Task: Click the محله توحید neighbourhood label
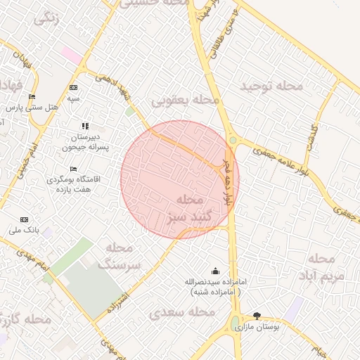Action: pyautogui.click(x=271, y=86)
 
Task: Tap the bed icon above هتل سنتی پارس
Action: pyautogui.click(x=31, y=97)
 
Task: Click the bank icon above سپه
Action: pyautogui.click(x=73, y=87)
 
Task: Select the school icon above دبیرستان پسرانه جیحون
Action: pyautogui.click(x=85, y=126)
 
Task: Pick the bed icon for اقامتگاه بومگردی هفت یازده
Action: pyautogui.click(x=74, y=169)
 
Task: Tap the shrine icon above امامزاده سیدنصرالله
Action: pyautogui.click(x=214, y=271)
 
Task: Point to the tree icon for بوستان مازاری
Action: pyautogui.click(x=256, y=316)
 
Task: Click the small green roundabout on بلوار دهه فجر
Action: pyautogui.click(x=232, y=140)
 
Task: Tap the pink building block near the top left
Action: pyautogui.click(x=70, y=54)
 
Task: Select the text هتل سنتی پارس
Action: pyautogui.click(x=32, y=108)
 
